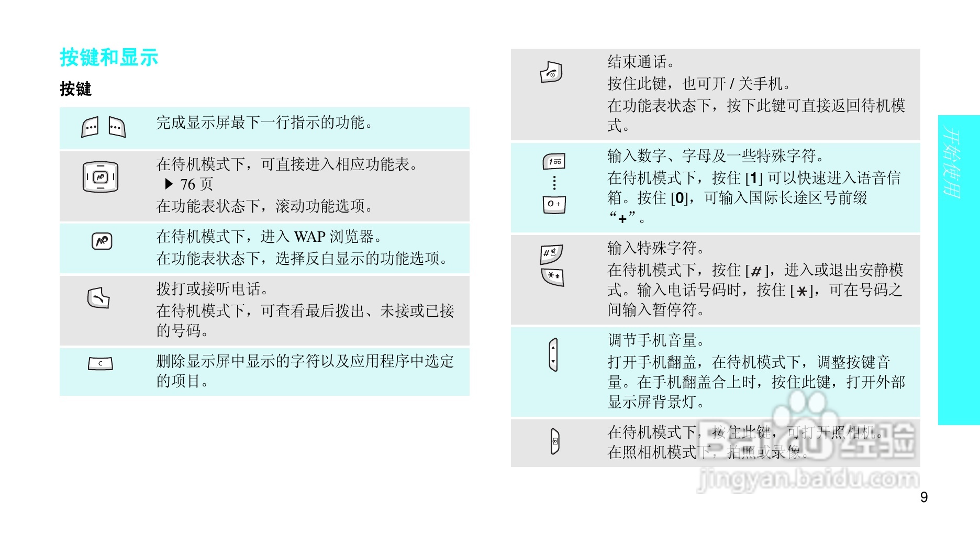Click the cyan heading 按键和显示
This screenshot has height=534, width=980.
coord(109,58)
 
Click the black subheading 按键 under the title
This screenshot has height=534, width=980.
coord(75,89)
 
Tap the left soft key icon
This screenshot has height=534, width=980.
coord(90,127)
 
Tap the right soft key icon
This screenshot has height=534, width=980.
coord(117,127)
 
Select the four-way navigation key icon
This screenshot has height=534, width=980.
coord(101,177)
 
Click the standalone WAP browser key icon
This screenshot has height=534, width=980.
coord(102,241)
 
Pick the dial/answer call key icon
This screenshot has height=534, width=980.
coord(98,298)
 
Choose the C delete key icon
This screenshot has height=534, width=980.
coord(101,363)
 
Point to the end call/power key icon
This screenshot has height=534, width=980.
coord(551,73)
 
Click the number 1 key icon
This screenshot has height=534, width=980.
coord(554,161)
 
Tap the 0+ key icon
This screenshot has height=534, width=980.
coord(554,204)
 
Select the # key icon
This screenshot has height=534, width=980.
coord(552,254)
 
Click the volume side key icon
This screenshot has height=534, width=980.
coord(553,354)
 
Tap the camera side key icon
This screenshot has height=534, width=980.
coord(555,441)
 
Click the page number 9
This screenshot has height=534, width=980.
coord(924,497)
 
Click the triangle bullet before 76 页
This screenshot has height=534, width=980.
coord(169,184)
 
